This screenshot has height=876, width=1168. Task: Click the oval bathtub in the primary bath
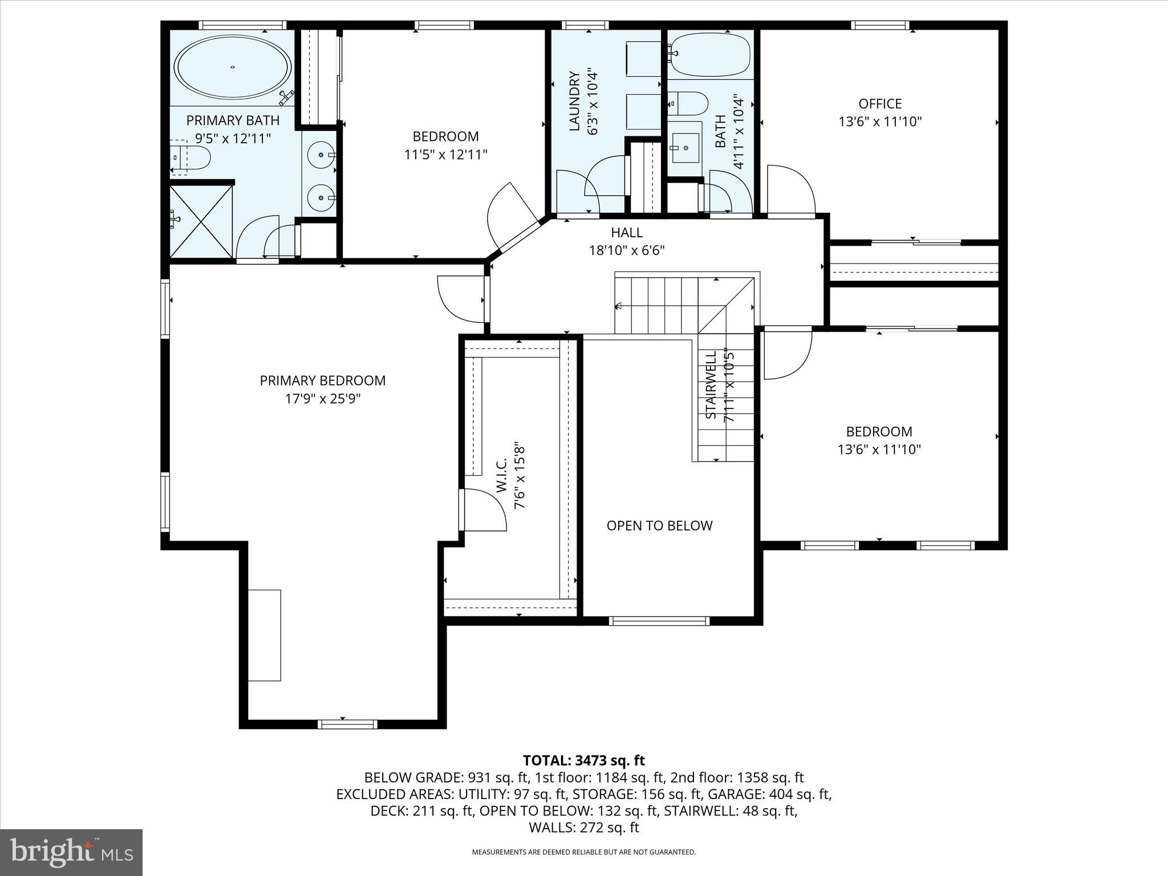[x=233, y=67]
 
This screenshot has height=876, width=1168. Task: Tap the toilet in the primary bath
[x=194, y=157]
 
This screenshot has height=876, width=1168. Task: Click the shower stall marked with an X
[x=201, y=221]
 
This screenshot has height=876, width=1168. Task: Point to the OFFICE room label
[x=880, y=104]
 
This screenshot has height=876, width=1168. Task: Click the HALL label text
[x=627, y=233]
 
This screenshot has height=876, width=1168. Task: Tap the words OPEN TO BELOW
[x=659, y=526]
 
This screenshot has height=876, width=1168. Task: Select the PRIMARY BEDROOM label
[x=323, y=380]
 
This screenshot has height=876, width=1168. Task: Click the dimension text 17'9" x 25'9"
[x=323, y=399]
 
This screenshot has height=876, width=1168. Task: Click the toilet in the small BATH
[x=690, y=104]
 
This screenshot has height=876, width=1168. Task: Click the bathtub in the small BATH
[x=708, y=55]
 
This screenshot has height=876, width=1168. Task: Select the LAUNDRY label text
[x=575, y=101]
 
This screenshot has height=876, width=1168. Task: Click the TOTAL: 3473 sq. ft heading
[x=583, y=760]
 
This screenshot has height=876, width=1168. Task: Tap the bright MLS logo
[x=71, y=852]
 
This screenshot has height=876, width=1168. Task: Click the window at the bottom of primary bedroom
[x=347, y=724]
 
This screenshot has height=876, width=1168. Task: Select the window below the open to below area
[x=659, y=621]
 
